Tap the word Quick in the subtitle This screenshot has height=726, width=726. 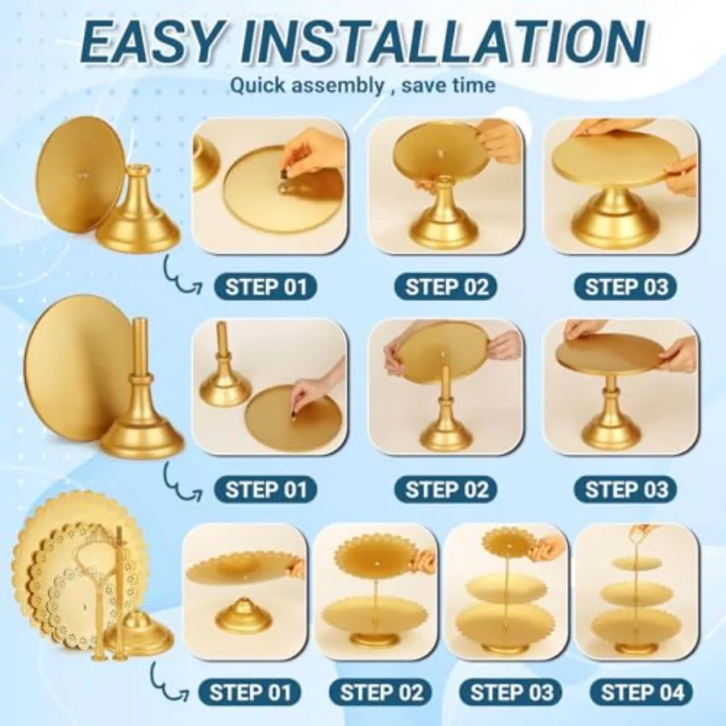coord(258,86)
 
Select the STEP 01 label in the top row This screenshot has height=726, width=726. coord(265,287)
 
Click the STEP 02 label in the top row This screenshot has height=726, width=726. coord(446,287)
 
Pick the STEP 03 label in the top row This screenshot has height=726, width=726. coord(625,287)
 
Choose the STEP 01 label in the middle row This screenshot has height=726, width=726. coord(265,490)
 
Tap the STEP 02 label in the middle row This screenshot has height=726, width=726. coord(446,490)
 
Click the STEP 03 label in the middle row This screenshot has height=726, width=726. coord(625,490)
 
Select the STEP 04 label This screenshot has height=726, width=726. coord(642,693)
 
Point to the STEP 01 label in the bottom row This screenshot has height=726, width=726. coord(250,693)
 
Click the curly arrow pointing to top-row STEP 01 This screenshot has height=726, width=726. coord(181,277)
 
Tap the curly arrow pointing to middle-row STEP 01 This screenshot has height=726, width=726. coord(181,482)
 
